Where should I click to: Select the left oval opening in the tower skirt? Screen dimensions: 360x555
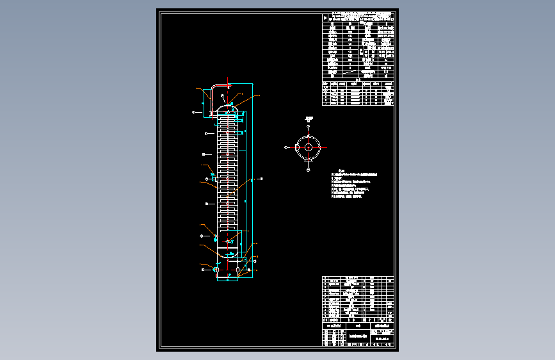216,270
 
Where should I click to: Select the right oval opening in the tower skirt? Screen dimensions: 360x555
238,270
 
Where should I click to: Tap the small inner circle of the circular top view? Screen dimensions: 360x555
308,147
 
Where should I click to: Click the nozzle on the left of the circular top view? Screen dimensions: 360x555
294,147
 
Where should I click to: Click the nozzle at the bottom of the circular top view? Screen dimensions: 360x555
308,162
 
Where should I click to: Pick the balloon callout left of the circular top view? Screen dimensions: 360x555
286,147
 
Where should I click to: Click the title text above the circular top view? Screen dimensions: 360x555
309,117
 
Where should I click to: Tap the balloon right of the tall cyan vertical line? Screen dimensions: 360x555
261,178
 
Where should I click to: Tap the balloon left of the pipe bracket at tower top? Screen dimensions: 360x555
193,112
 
